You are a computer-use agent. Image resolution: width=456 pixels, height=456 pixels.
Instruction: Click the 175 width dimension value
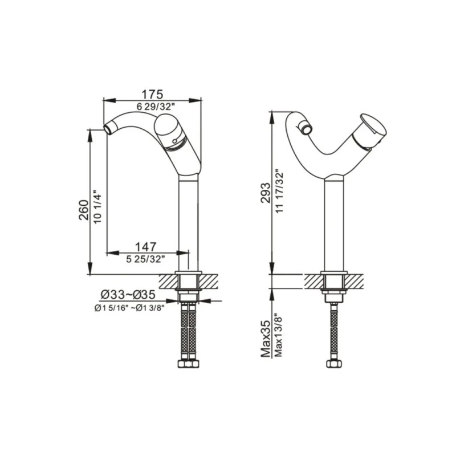(x=152, y=94)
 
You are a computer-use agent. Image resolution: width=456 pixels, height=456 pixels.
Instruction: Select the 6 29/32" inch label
(x=152, y=107)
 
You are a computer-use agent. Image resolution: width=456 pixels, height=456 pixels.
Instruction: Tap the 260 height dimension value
(x=83, y=211)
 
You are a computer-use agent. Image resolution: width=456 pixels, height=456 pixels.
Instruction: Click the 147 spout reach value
(x=145, y=246)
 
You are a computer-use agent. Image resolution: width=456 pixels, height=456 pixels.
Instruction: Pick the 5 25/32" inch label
(x=145, y=259)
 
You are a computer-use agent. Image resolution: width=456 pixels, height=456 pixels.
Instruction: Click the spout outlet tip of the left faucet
(x=107, y=129)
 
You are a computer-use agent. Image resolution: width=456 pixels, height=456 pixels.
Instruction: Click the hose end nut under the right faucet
(x=333, y=363)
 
